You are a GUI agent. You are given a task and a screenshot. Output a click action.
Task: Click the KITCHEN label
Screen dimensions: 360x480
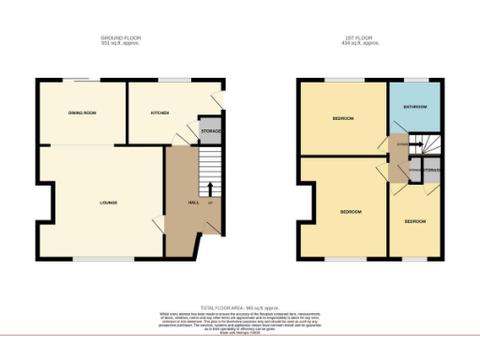tap(160, 113)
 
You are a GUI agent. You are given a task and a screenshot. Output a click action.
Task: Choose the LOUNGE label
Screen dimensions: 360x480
tap(108, 202)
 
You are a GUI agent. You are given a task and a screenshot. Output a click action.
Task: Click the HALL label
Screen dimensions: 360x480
tap(194, 202)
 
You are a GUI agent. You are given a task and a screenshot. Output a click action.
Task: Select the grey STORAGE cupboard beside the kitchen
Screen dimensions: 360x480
tap(211, 130)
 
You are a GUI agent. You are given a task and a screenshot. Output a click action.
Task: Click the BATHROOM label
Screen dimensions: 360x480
tap(415, 107)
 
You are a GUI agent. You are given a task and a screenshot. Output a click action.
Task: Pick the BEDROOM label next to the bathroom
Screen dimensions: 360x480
tap(342, 119)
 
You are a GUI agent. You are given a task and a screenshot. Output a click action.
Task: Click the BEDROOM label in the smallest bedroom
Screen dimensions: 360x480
tap(415, 221)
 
